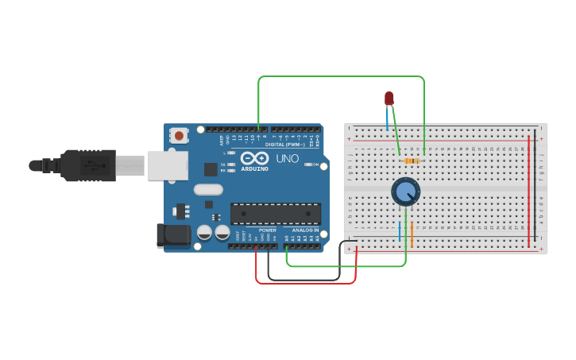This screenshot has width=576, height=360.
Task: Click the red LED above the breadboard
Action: click(x=389, y=99)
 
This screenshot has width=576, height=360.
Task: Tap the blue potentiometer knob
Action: click(x=405, y=192)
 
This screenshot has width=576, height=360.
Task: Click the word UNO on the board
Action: click(x=287, y=158)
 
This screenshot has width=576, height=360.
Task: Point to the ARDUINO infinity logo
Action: click(x=254, y=159)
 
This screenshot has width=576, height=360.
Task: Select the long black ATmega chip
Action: click(x=276, y=214)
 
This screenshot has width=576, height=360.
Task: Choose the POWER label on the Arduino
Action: click(x=267, y=230)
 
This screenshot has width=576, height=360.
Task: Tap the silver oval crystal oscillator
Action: click(x=208, y=189)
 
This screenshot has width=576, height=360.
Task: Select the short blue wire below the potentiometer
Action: click(x=400, y=232)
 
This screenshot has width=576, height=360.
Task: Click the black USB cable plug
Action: click(x=87, y=165)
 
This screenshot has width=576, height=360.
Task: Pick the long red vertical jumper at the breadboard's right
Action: click(x=529, y=191)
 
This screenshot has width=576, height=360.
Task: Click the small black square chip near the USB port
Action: click(x=211, y=168)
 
